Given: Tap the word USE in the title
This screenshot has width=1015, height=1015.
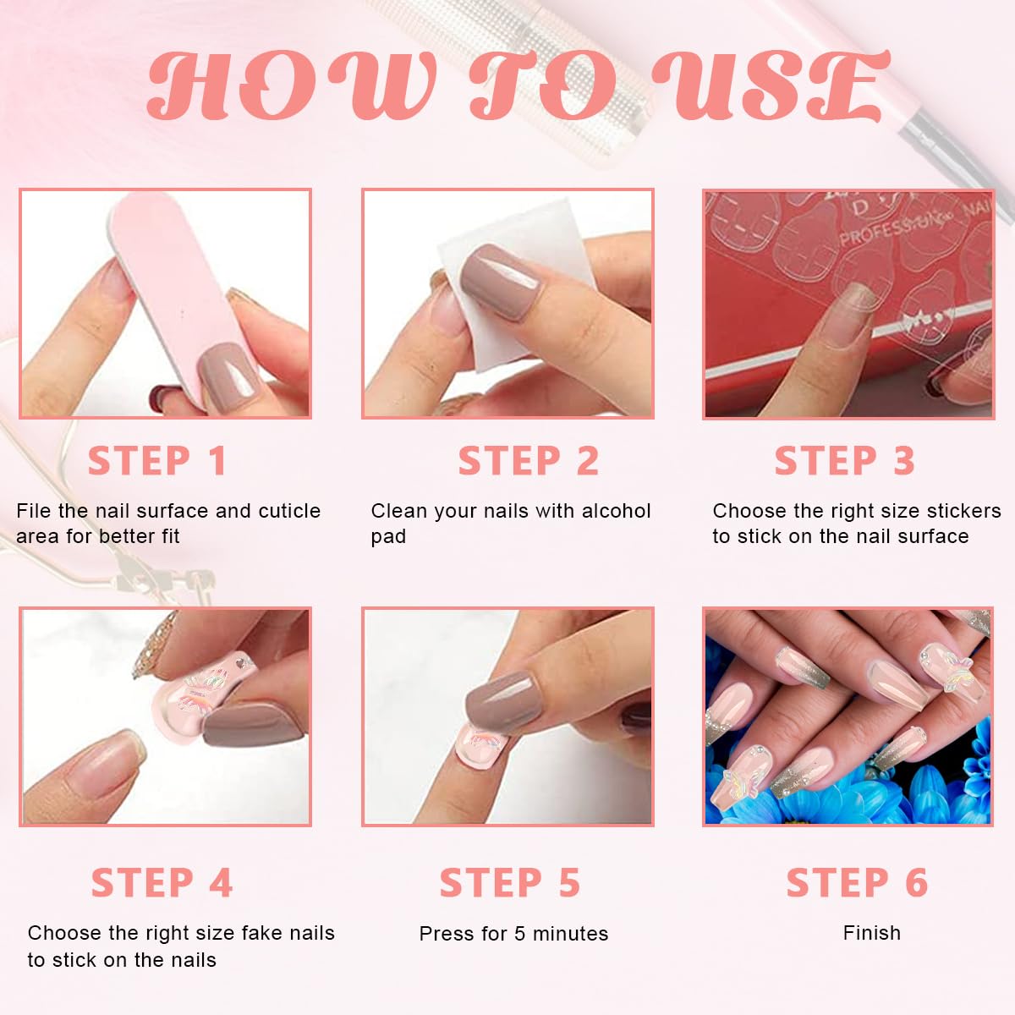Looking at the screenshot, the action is (x=771, y=85).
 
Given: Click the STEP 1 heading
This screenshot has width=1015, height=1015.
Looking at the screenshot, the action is (x=157, y=461).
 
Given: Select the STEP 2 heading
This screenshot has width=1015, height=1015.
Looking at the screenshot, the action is (x=529, y=461).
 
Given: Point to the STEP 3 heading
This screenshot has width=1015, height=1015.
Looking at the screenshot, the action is (x=844, y=461).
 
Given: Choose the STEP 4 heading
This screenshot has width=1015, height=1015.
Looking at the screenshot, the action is (x=162, y=882).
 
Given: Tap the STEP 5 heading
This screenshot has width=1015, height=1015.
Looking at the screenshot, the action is (x=510, y=882).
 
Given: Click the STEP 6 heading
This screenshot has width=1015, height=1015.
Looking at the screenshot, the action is (x=857, y=882).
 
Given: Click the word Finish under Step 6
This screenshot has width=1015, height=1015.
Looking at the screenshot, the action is (x=872, y=933).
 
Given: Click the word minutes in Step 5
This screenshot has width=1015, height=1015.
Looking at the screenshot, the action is (x=570, y=934).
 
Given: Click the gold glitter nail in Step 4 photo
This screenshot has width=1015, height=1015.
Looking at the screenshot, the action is (x=154, y=645).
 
